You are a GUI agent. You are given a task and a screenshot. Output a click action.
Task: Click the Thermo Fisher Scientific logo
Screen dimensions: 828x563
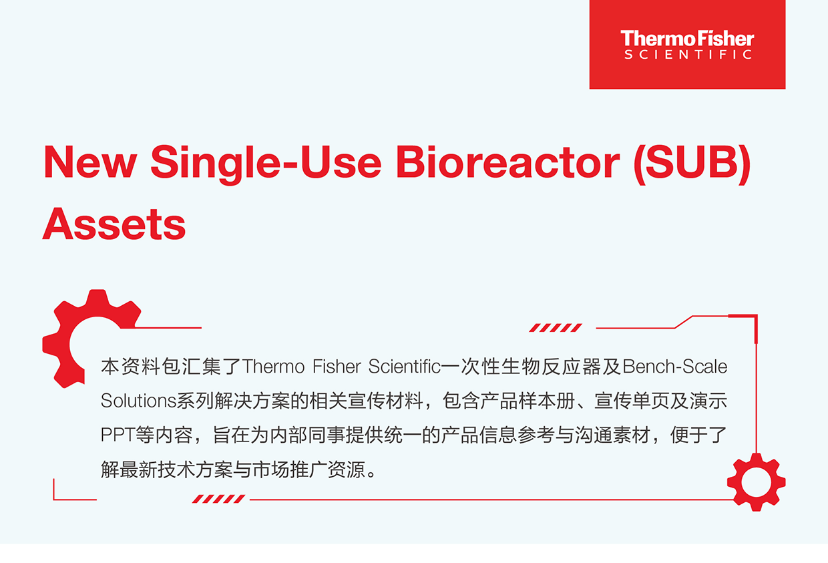[687, 44]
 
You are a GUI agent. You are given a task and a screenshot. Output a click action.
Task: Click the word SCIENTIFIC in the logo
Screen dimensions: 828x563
[688, 55]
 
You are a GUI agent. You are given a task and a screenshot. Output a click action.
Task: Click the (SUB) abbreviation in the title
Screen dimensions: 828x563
[692, 164]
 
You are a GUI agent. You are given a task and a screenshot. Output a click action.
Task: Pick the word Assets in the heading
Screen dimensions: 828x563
[114, 224]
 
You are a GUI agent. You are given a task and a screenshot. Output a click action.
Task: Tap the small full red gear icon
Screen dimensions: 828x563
[757, 482]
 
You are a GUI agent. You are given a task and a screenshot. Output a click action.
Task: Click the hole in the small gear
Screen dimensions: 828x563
[757, 482]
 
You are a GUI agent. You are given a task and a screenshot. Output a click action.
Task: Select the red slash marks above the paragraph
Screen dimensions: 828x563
[555, 327]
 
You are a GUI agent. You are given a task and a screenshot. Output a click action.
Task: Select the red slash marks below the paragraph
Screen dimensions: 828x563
[218, 499]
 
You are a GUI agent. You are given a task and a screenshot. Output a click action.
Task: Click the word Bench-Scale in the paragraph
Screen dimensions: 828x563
[675, 367]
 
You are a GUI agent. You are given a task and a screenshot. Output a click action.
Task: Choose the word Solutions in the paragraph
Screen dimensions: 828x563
[138, 401]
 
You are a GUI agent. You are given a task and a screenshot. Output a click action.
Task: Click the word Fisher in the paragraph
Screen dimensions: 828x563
[337, 367]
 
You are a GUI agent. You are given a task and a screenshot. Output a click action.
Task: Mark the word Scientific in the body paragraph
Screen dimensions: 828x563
[405, 367]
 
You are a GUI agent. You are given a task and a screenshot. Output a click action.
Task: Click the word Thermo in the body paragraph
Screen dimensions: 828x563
[273, 367]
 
